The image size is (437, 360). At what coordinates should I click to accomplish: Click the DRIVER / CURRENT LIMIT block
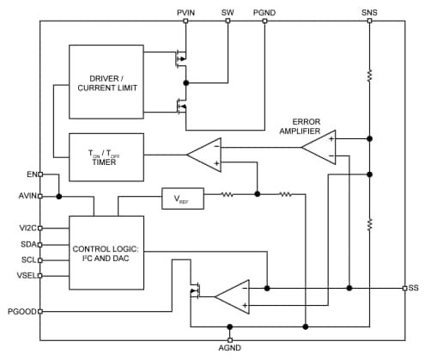coord(106,82)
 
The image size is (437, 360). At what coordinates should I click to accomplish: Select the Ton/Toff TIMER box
coord(106,156)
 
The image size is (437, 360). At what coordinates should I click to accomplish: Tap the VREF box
coord(181,199)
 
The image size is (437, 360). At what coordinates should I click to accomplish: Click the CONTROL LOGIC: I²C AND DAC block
coord(106,253)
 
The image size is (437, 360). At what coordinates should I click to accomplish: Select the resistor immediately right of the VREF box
coord(228,194)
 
